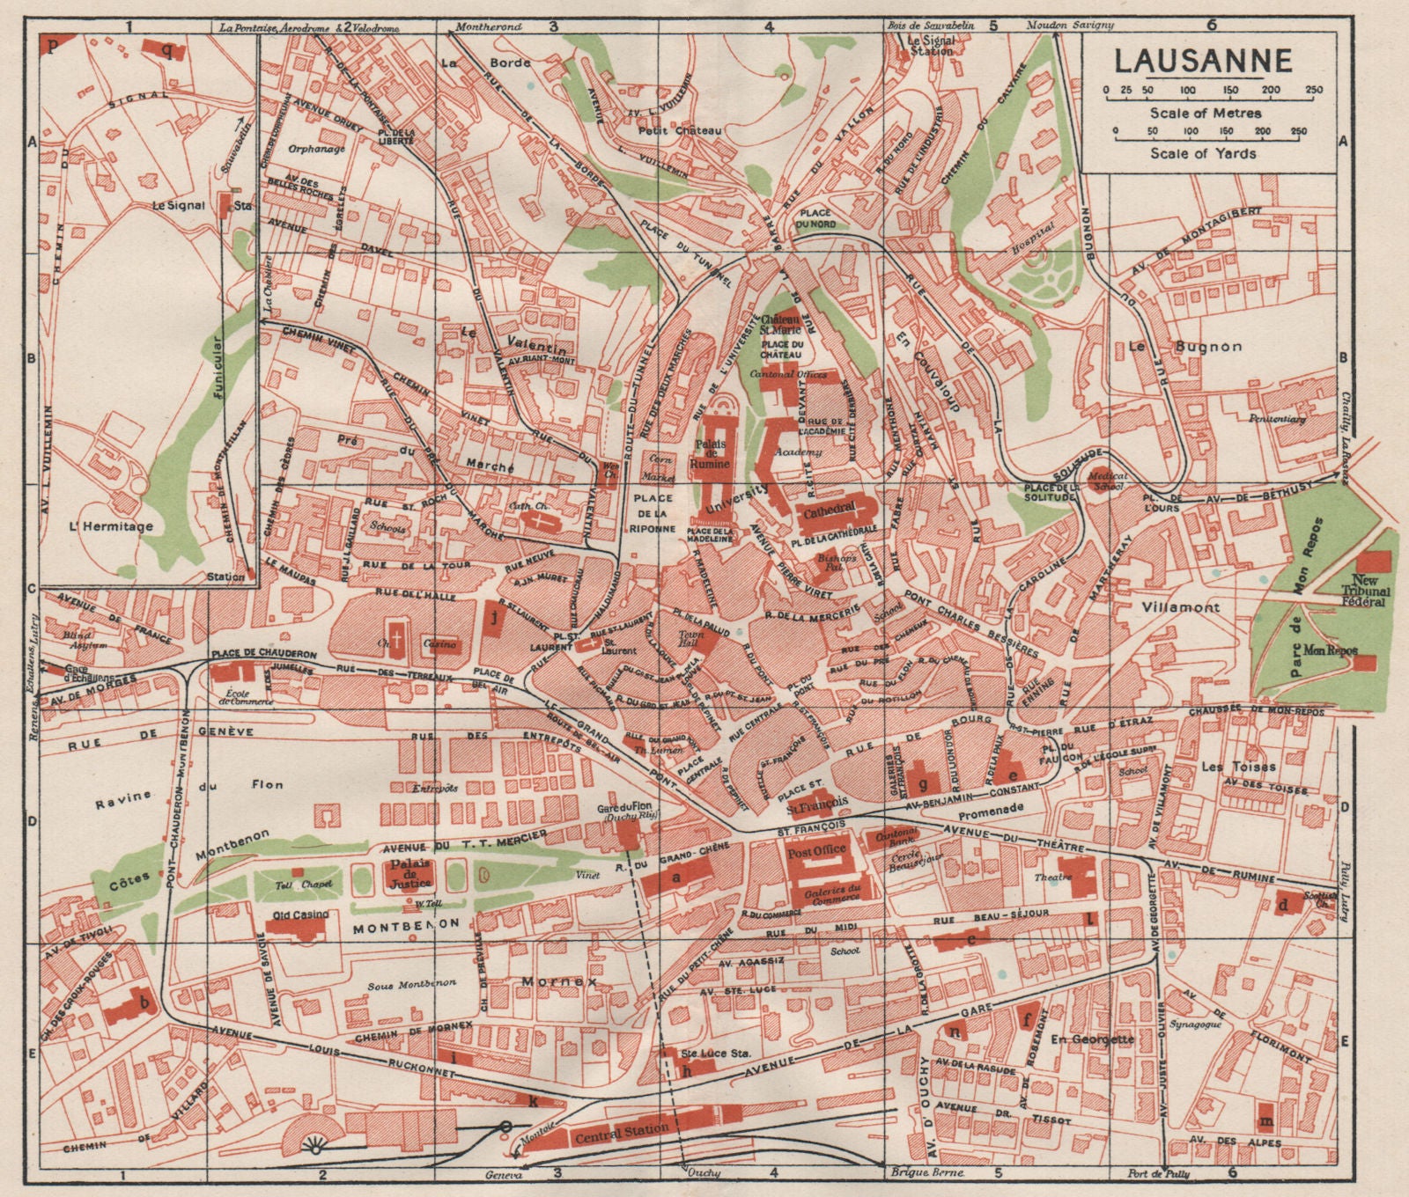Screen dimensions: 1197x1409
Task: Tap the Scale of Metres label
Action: pyautogui.click(x=1204, y=113)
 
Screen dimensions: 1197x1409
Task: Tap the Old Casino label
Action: pyautogui.click(x=298, y=915)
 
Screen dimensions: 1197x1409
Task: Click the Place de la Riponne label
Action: pyautogui.click(x=653, y=514)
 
